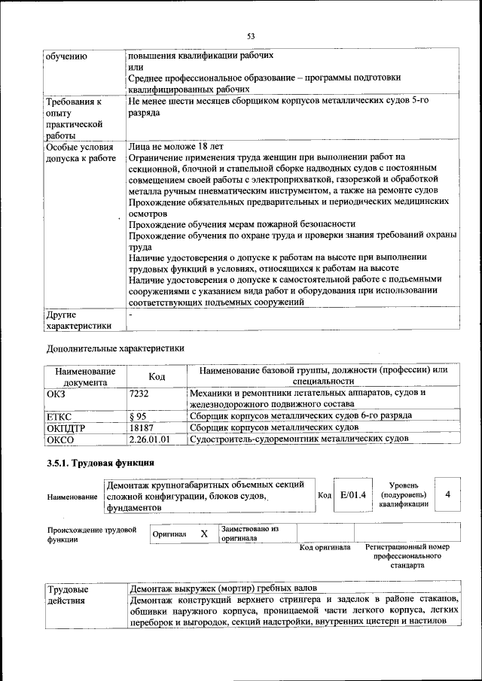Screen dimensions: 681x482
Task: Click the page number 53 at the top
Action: (x=251, y=35)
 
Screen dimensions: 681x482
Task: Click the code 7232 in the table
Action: (x=139, y=393)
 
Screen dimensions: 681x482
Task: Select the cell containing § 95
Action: (x=138, y=415)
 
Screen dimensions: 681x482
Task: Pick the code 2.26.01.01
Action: (x=150, y=439)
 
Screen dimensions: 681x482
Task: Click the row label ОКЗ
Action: (x=56, y=393)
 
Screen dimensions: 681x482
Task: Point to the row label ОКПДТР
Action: (x=64, y=427)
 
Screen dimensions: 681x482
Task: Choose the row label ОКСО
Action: (x=59, y=439)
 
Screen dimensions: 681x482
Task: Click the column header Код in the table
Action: (x=157, y=376)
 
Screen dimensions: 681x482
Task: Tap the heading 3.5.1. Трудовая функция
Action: (x=100, y=463)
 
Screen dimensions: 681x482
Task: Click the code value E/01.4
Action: (x=352, y=494)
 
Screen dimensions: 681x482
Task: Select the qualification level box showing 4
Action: (x=448, y=494)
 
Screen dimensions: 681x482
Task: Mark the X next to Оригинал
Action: (x=203, y=534)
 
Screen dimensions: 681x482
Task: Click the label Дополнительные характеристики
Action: (x=115, y=348)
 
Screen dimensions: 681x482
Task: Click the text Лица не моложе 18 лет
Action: (x=175, y=146)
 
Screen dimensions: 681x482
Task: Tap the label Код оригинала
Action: (x=325, y=547)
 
